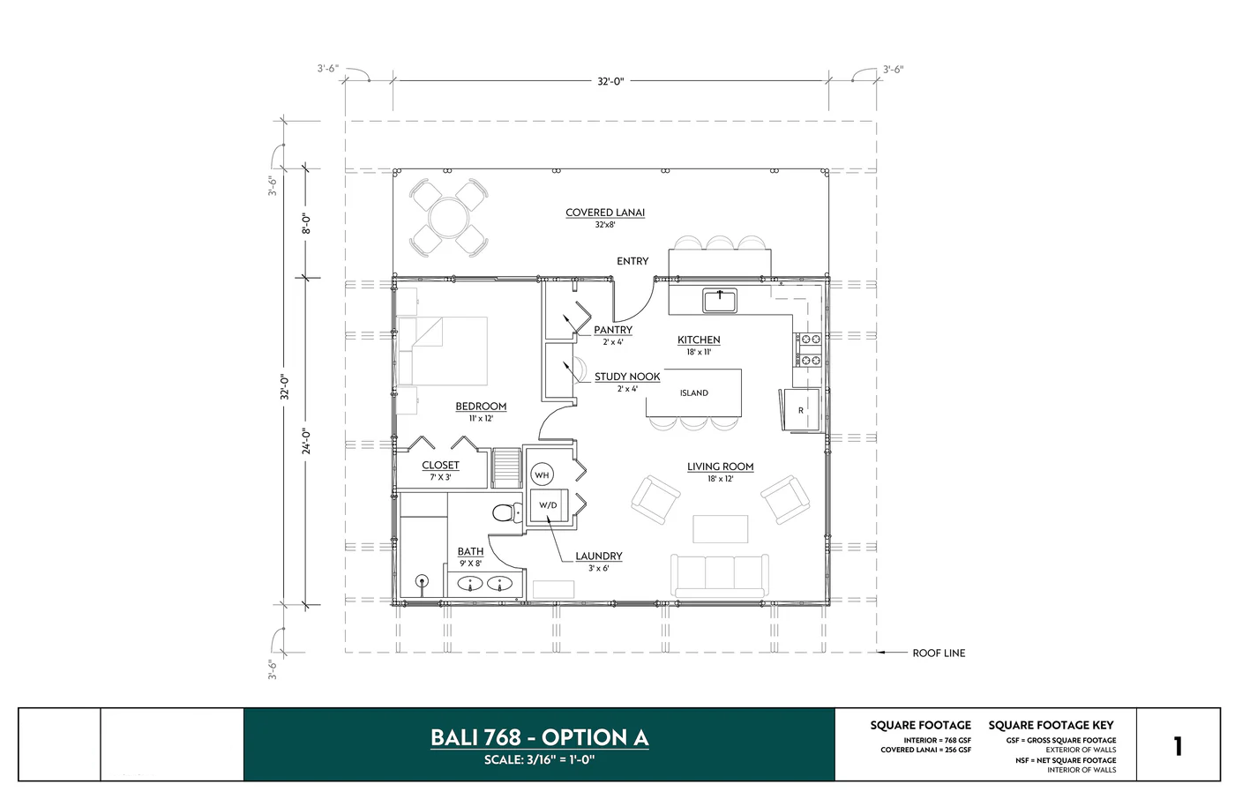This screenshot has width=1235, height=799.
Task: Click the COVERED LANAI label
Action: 605,213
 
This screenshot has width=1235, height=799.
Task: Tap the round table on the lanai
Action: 448,217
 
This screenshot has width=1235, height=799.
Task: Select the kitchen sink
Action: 720,301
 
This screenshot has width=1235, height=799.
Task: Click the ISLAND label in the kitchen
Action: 693,393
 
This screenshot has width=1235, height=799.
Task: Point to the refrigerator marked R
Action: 799,410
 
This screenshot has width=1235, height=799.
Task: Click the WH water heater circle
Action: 542,475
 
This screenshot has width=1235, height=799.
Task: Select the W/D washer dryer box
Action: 548,505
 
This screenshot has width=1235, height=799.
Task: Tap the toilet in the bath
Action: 505,513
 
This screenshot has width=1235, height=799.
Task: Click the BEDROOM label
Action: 481,407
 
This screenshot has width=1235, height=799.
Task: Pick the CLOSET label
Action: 440,466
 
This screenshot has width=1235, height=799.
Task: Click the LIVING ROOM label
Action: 720,467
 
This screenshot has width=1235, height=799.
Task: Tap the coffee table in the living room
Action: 720,528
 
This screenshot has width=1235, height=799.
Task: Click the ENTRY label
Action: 632,261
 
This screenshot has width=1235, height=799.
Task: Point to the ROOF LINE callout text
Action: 939,653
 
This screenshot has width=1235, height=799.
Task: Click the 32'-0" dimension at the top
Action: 610,81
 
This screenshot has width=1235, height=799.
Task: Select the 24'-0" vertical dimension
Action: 306,441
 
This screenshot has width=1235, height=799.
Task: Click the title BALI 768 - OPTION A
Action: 539,737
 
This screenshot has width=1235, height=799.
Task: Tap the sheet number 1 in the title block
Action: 1178,746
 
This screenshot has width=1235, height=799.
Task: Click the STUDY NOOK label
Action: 627,377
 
